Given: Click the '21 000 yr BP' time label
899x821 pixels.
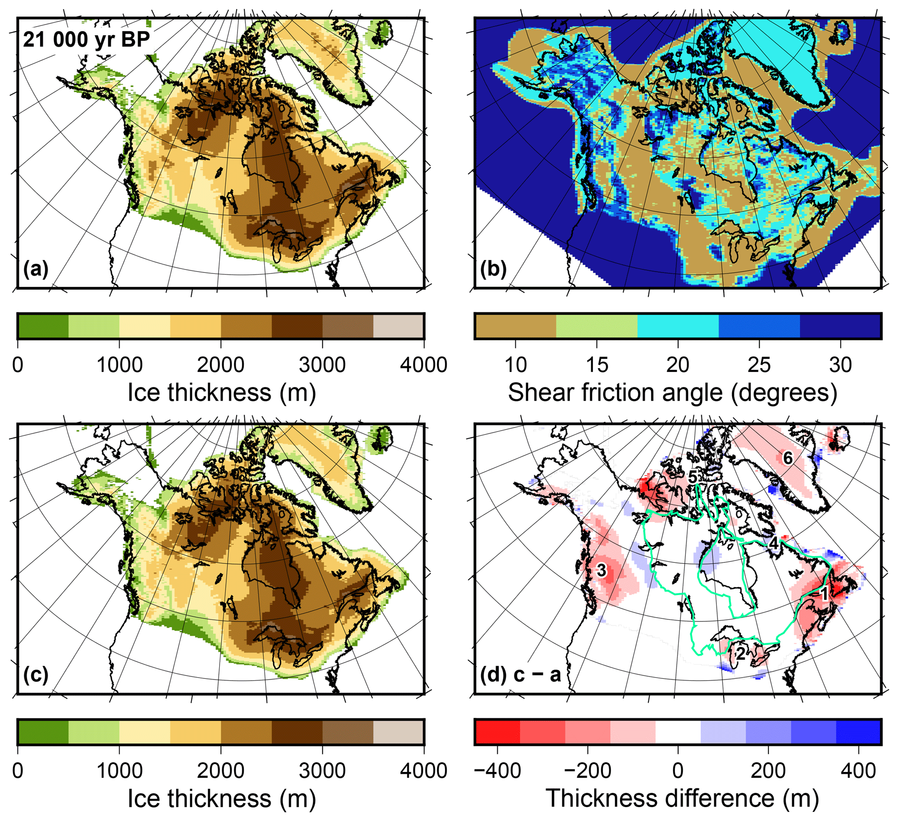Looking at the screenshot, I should click(x=86, y=40).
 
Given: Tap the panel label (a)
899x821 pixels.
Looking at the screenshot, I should click(x=36, y=269).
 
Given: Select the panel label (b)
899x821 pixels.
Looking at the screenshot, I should click(x=493, y=269).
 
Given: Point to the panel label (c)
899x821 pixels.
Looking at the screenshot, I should click(x=36, y=675).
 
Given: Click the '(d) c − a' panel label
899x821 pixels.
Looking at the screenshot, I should click(x=520, y=675).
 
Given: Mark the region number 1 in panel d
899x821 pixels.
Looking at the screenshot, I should click(x=824, y=594).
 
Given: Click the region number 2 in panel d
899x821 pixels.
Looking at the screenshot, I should click(x=740, y=654).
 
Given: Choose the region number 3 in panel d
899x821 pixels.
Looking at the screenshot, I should click(x=601, y=570).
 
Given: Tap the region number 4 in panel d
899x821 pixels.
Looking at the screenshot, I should click(x=774, y=543).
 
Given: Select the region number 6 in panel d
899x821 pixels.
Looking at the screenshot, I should click(x=788, y=458).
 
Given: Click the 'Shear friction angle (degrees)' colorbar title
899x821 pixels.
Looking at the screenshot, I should click(x=672, y=392).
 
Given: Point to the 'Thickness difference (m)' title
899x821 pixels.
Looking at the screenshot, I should click(x=682, y=798).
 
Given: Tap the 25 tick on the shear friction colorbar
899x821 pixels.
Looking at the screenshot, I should click(x=759, y=365).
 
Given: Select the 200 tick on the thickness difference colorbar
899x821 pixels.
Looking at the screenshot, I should click(x=768, y=771).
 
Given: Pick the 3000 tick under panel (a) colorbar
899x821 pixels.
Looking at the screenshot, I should click(x=322, y=365).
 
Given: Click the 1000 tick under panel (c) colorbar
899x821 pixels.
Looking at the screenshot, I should click(x=119, y=771).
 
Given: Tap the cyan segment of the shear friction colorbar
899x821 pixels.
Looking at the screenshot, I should click(x=678, y=326).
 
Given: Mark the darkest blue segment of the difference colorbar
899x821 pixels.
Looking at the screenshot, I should click(x=858, y=731).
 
